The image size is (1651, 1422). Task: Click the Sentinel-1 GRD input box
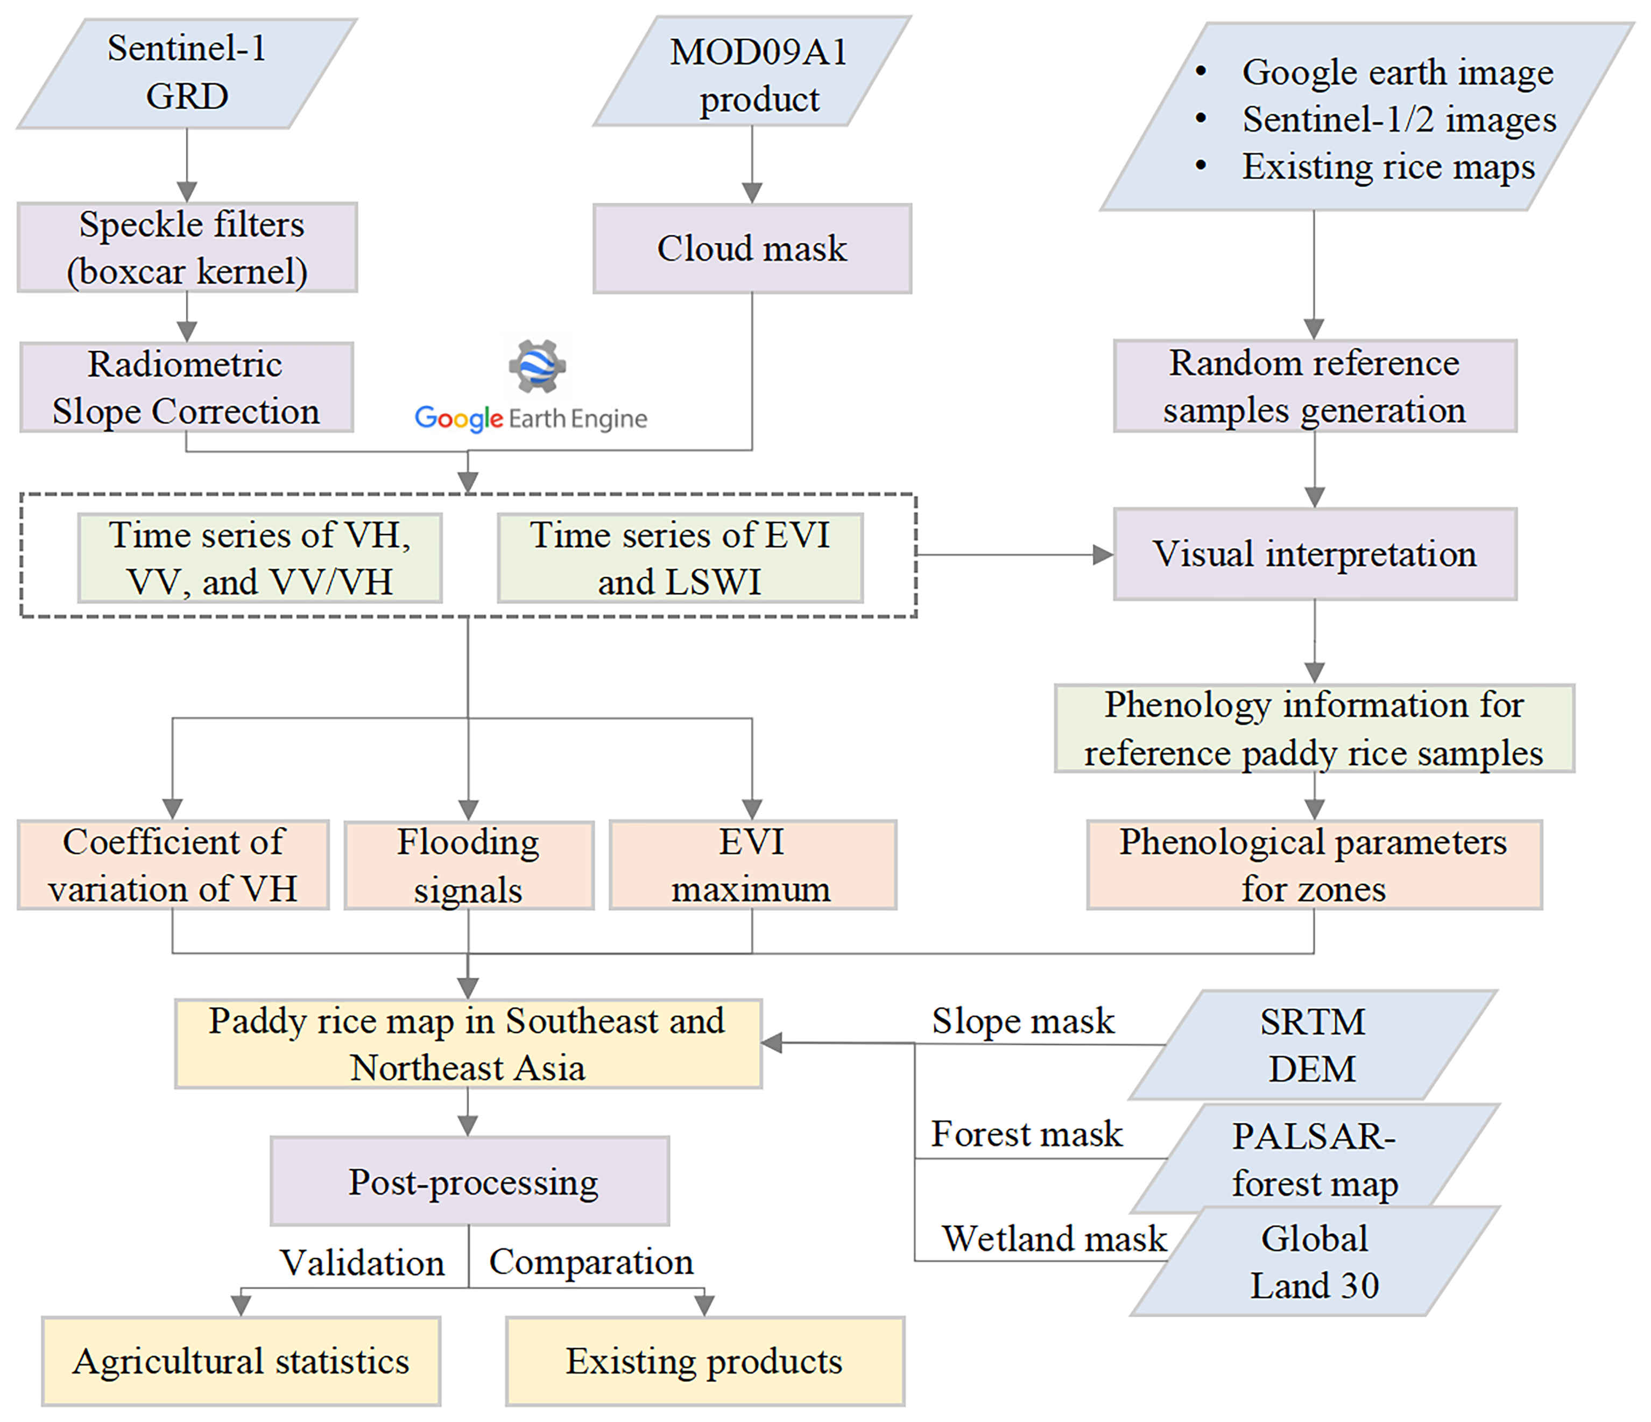point(186,73)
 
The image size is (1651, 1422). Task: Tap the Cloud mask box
point(752,249)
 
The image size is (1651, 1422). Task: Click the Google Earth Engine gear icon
point(537,366)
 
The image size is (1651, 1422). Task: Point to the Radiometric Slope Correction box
point(186,388)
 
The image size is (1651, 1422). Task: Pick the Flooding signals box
point(469,865)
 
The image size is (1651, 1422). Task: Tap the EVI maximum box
point(752,865)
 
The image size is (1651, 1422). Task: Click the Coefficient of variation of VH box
point(173,865)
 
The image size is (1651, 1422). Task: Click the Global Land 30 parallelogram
point(1315,1262)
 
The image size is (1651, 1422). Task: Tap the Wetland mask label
point(1053,1238)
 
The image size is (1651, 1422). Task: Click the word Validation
point(362,1263)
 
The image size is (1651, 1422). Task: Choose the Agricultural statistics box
point(241,1361)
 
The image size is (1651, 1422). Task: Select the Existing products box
point(704,1361)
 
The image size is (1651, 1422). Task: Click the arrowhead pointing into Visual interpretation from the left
point(1103,555)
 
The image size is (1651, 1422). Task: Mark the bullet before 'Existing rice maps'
point(1201,166)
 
